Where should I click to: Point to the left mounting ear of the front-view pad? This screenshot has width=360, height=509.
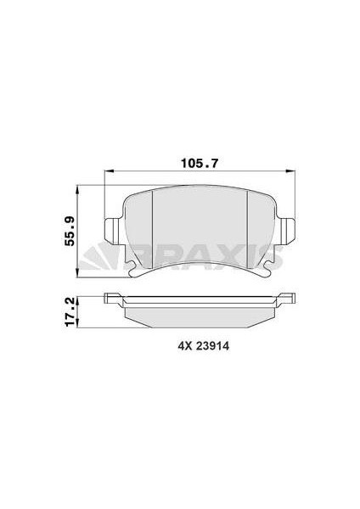(x=111, y=231)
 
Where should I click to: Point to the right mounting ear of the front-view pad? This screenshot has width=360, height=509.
(x=287, y=231)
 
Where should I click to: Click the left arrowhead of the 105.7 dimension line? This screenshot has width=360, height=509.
(x=109, y=175)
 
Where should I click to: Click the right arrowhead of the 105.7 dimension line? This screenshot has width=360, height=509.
(x=290, y=175)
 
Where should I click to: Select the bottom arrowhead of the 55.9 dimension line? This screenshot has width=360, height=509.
(x=79, y=271)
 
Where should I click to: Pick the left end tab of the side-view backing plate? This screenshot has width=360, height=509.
(x=111, y=298)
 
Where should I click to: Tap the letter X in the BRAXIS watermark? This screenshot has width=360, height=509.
(x=245, y=253)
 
